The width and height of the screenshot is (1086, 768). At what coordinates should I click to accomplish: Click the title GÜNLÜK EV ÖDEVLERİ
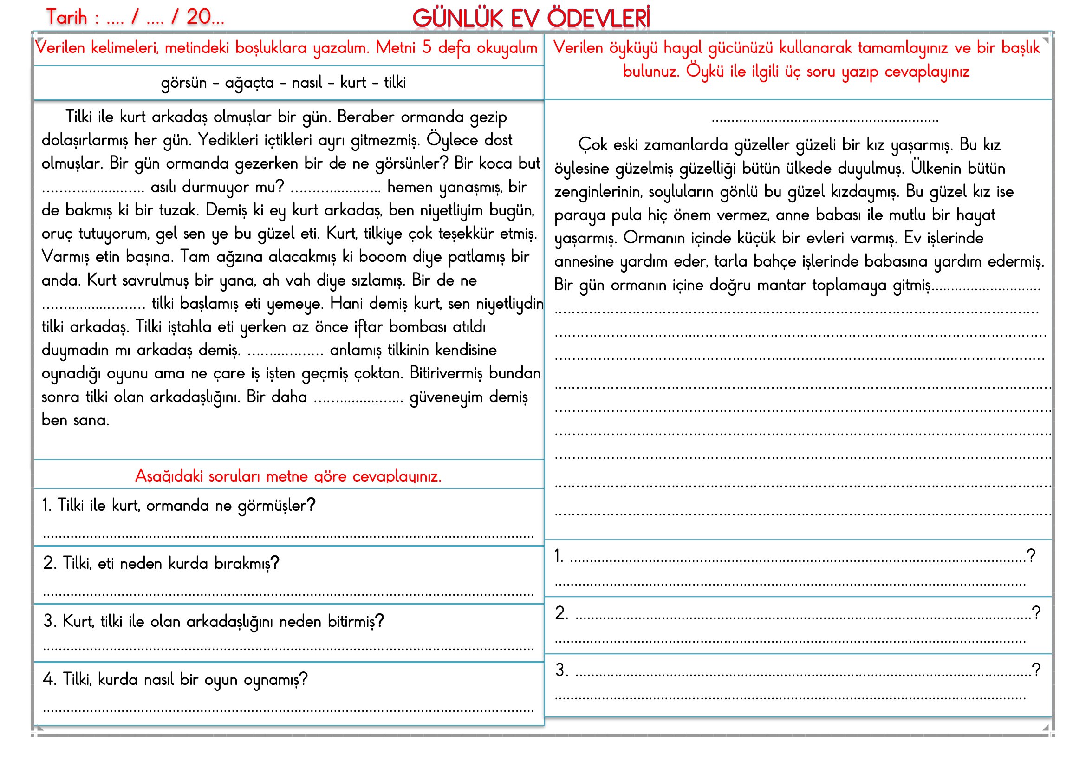[x=531, y=19]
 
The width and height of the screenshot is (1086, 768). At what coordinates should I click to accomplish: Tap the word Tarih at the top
[x=67, y=18]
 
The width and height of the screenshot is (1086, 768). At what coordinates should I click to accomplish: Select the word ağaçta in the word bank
[x=249, y=83]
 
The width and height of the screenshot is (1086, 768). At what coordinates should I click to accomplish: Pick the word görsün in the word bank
[x=183, y=83]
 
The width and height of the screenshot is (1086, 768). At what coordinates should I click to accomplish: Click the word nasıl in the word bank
[x=307, y=83]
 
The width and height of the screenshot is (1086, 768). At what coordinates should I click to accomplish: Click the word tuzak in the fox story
[x=177, y=210]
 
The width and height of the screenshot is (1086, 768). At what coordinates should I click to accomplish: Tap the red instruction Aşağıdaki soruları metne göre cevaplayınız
[x=288, y=476]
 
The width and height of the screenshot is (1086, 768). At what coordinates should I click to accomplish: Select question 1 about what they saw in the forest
[x=179, y=506]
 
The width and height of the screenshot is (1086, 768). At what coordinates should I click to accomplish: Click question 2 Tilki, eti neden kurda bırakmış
[x=161, y=563]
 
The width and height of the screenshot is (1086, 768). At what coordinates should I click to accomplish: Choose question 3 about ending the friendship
[x=213, y=621]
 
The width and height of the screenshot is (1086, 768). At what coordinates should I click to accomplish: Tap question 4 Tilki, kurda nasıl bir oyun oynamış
[x=175, y=680]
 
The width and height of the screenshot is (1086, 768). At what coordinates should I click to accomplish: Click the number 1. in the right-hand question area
[x=559, y=556]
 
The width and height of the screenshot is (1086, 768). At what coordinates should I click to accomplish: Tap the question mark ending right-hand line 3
[x=1036, y=670]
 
